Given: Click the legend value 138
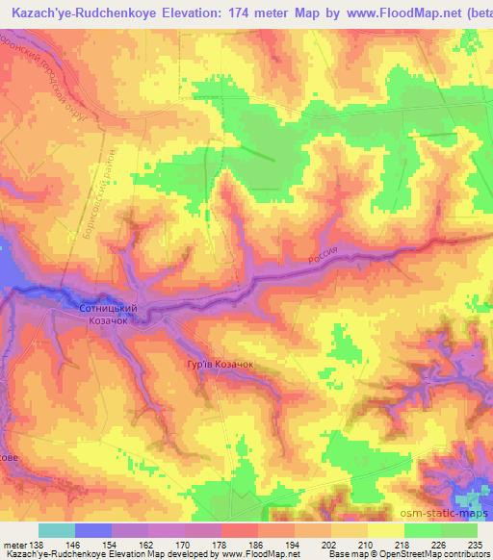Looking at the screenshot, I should click(35, 546).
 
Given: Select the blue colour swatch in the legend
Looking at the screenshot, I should click(92, 530).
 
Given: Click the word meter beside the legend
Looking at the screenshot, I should click(13, 546).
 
